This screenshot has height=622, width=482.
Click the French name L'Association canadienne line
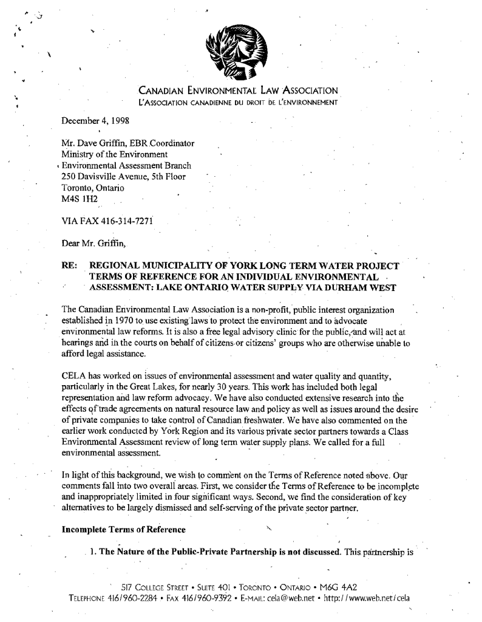pos(237,102)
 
